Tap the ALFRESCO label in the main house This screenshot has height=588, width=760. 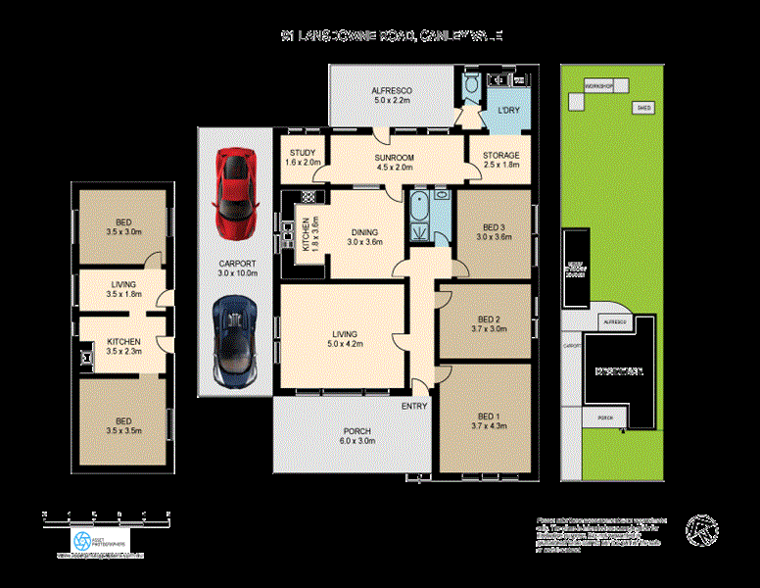point(390,90)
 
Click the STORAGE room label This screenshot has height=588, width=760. point(500,156)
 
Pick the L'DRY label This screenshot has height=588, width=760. point(508,109)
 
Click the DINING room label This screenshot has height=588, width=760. point(365,233)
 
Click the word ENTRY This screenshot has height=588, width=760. point(414,405)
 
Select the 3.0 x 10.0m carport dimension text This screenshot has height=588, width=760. point(238,273)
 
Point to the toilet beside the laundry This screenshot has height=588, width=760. point(471,88)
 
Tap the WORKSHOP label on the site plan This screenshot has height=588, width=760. point(598,87)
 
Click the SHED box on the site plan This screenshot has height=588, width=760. point(643,108)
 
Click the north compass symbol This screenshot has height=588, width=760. point(701,529)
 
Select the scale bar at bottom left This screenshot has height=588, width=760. point(108,514)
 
